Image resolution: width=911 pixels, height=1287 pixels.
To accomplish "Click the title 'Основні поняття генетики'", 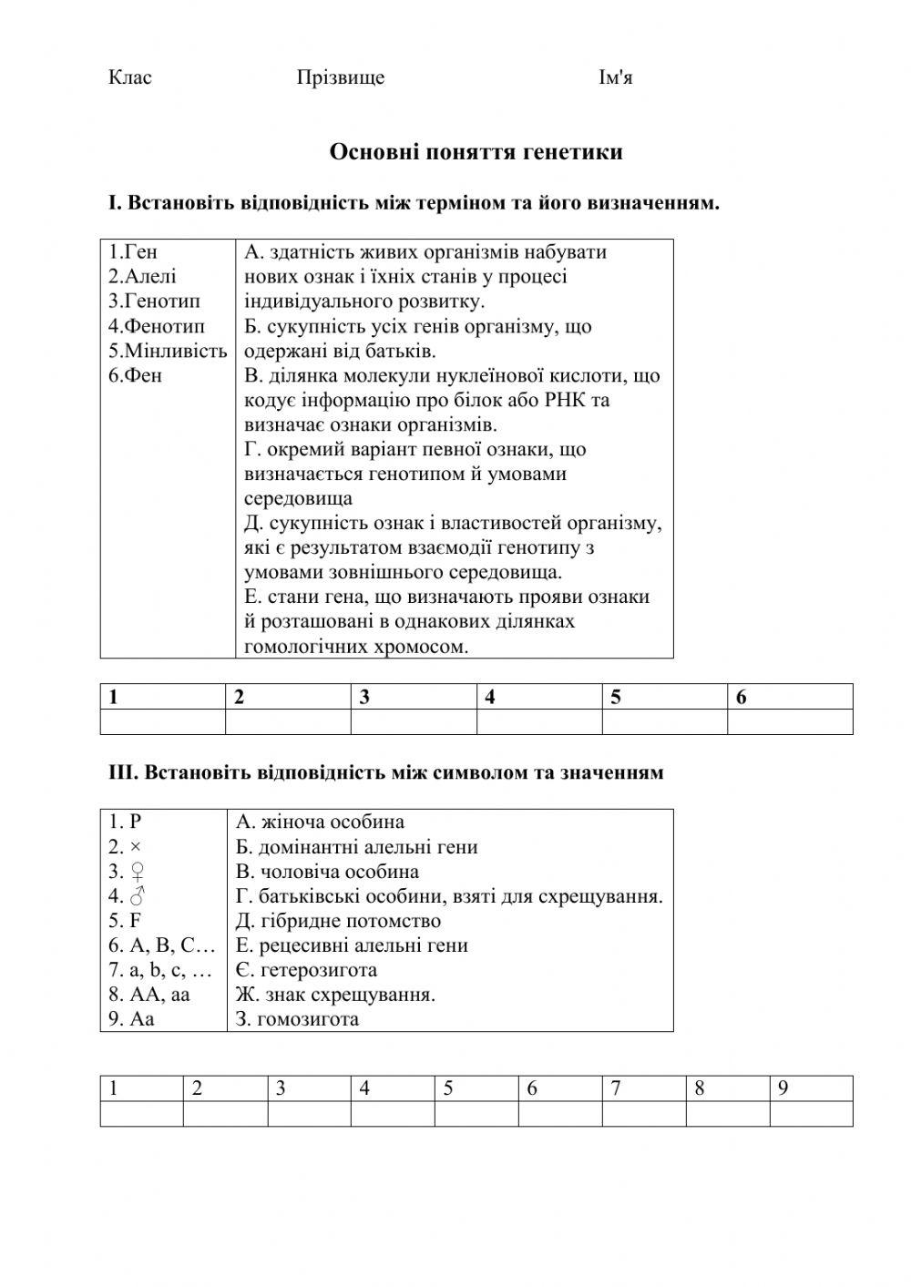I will point(476,152).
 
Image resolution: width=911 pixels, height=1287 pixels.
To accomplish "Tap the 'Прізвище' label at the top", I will point(341,77).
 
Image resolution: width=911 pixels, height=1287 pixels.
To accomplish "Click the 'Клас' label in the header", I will point(130,77).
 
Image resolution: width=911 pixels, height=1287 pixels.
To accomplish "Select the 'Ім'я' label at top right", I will point(615,77).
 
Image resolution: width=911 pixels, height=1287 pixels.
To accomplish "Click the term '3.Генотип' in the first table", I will point(154,301).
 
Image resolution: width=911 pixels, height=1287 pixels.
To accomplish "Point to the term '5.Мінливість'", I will point(167,351).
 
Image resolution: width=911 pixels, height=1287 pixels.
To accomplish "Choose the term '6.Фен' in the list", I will point(135,375).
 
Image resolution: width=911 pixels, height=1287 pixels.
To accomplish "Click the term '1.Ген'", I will point(133,252).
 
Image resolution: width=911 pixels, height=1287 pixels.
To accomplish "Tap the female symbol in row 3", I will point(138,872).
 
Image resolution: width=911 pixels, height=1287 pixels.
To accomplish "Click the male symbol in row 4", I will point(138,896).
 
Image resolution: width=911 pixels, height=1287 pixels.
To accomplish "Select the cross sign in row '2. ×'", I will point(136,847).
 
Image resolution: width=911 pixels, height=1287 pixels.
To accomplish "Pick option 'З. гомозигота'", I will point(297,1019).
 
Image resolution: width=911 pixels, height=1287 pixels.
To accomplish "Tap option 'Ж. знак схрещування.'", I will point(335,995).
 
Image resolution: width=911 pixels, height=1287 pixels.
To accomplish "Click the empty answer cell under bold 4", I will point(538,721).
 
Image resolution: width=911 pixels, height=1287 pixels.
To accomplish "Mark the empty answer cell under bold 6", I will point(790,721).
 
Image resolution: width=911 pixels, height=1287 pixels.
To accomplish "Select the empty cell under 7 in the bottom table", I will point(643,1113).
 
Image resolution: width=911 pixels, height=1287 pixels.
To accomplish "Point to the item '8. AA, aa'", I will point(149,995).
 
